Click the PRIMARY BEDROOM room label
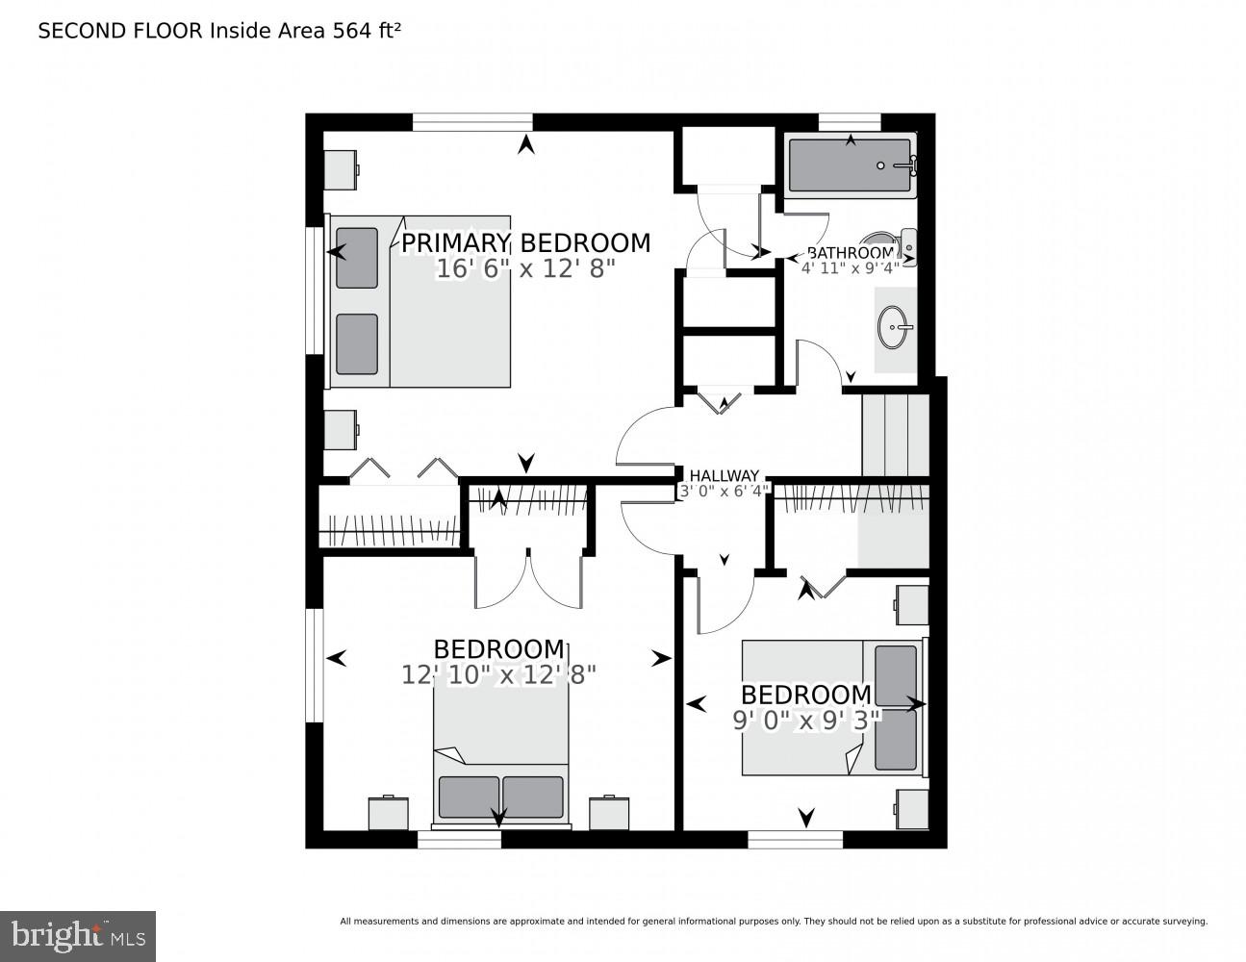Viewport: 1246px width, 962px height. pyautogui.click(x=525, y=243)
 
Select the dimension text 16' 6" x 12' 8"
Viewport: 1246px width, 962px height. pyautogui.click(x=525, y=268)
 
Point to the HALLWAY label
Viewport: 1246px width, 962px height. pyautogui.click(x=724, y=476)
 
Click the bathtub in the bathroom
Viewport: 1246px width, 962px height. pyautogui.click(x=850, y=166)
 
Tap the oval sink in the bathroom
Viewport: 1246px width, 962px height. pyautogui.click(x=895, y=329)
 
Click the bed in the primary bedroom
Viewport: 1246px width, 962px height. pyautogui.click(x=420, y=302)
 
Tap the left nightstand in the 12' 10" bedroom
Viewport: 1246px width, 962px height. pyautogui.click(x=388, y=813)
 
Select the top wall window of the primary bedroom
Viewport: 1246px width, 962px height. pyautogui.click(x=472, y=121)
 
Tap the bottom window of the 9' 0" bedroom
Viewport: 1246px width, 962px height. pyautogui.click(x=795, y=840)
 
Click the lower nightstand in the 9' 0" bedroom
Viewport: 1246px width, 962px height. pyautogui.click(x=911, y=808)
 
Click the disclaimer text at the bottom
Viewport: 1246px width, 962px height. pyautogui.click(x=773, y=922)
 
